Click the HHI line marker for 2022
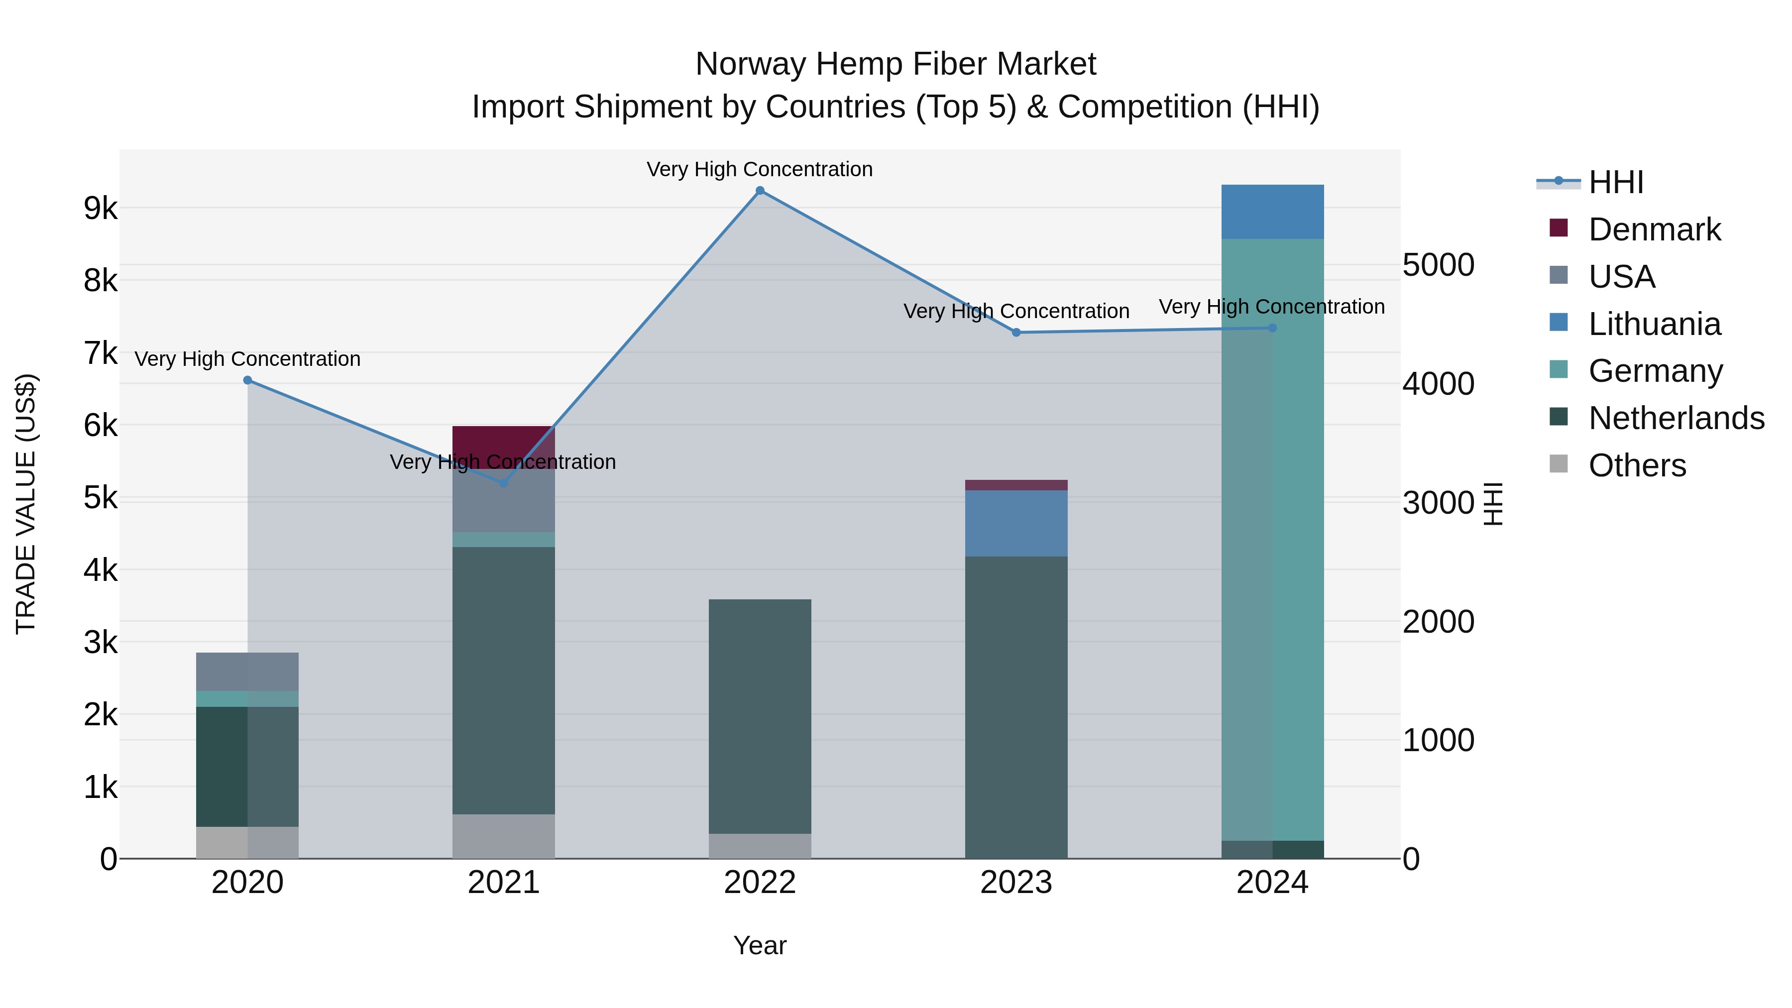(x=760, y=191)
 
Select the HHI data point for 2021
(x=504, y=483)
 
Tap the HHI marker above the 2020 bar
(x=248, y=380)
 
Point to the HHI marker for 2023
(x=1016, y=333)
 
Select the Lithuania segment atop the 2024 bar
(x=1272, y=212)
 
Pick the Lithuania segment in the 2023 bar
(x=1016, y=523)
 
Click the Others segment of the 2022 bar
(x=760, y=846)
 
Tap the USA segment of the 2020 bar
(x=248, y=672)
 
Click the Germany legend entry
(x=1656, y=371)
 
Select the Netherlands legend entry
(x=1676, y=418)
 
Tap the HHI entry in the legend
(x=1615, y=182)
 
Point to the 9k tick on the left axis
(x=100, y=208)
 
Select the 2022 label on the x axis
(x=760, y=883)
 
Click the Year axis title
(x=760, y=945)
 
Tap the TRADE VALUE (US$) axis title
(x=26, y=504)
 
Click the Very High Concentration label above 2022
(x=760, y=169)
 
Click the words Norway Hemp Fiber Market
(x=896, y=64)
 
